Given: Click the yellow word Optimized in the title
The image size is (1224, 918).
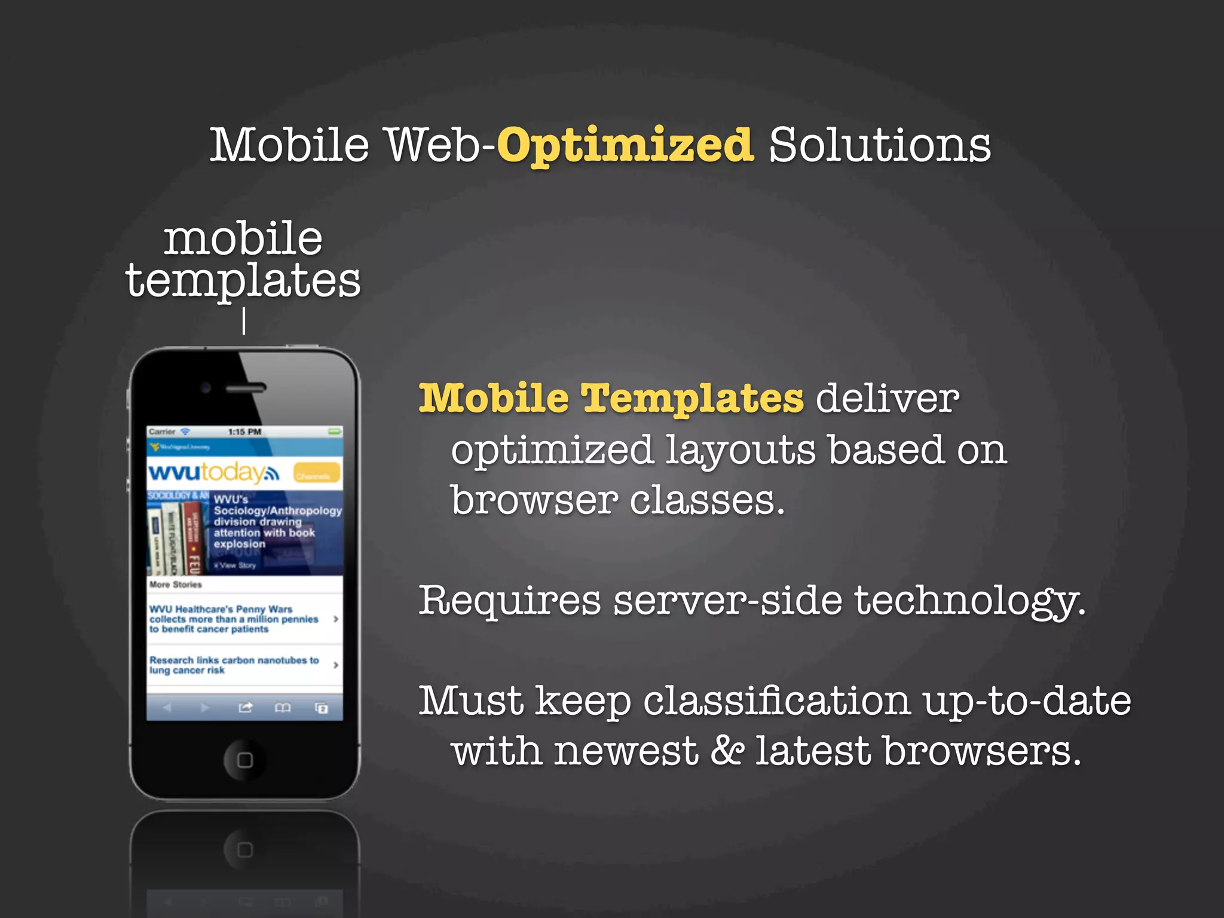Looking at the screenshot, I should pyautogui.click(x=625, y=145).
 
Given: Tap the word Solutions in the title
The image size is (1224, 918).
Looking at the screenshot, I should pyautogui.click(x=879, y=145).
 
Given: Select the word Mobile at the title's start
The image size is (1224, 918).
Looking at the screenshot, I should pyautogui.click(x=290, y=145).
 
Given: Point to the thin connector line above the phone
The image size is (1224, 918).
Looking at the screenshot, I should pyautogui.click(x=244, y=321).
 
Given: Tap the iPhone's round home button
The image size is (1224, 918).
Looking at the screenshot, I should pyautogui.click(x=244, y=760).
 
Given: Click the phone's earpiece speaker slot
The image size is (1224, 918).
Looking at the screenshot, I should pyautogui.click(x=246, y=388).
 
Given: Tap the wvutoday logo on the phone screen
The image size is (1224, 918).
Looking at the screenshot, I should pyautogui.click(x=213, y=473).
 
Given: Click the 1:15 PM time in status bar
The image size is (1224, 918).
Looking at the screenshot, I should pyautogui.click(x=244, y=432).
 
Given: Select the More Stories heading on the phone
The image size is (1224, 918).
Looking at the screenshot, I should pyautogui.click(x=176, y=585).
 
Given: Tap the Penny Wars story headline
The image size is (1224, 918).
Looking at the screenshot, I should pyautogui.click(x=234, y=619).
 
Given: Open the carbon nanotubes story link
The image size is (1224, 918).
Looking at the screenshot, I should pyautogui.click(x=234, y=665).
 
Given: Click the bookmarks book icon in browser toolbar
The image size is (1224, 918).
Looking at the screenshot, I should pyautogui.click(x=283, y=708).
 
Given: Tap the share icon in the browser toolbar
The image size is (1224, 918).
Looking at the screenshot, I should pyautogui.click(x=245, y=708).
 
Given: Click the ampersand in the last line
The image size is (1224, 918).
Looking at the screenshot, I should pyautogui.click(x=727, y=751).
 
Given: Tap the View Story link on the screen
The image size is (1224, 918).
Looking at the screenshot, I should pyautogui.click(x=237, y=565).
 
